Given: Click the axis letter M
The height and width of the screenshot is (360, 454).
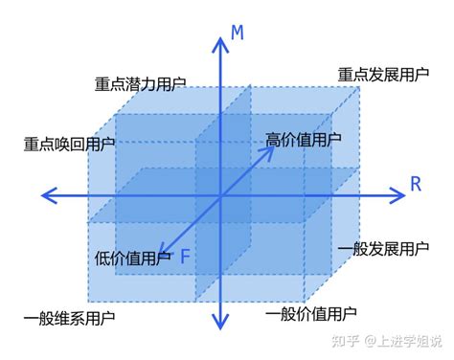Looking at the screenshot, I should pyautogui.click(x=238, y=34).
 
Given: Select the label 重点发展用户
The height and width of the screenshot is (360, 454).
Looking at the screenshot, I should pyautogui.click(x=382, y=74).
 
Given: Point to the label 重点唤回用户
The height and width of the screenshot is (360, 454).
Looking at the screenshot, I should pyautogui.click(x=69, y=145).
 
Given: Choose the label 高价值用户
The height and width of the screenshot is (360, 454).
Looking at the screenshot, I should pyautogui.click(x=303, y=140).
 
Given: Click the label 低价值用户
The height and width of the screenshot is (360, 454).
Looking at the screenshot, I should pyautogui.click(x=133, y=258).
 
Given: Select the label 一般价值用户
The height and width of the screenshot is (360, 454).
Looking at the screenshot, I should pyautogui.click(x=311, y=313).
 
